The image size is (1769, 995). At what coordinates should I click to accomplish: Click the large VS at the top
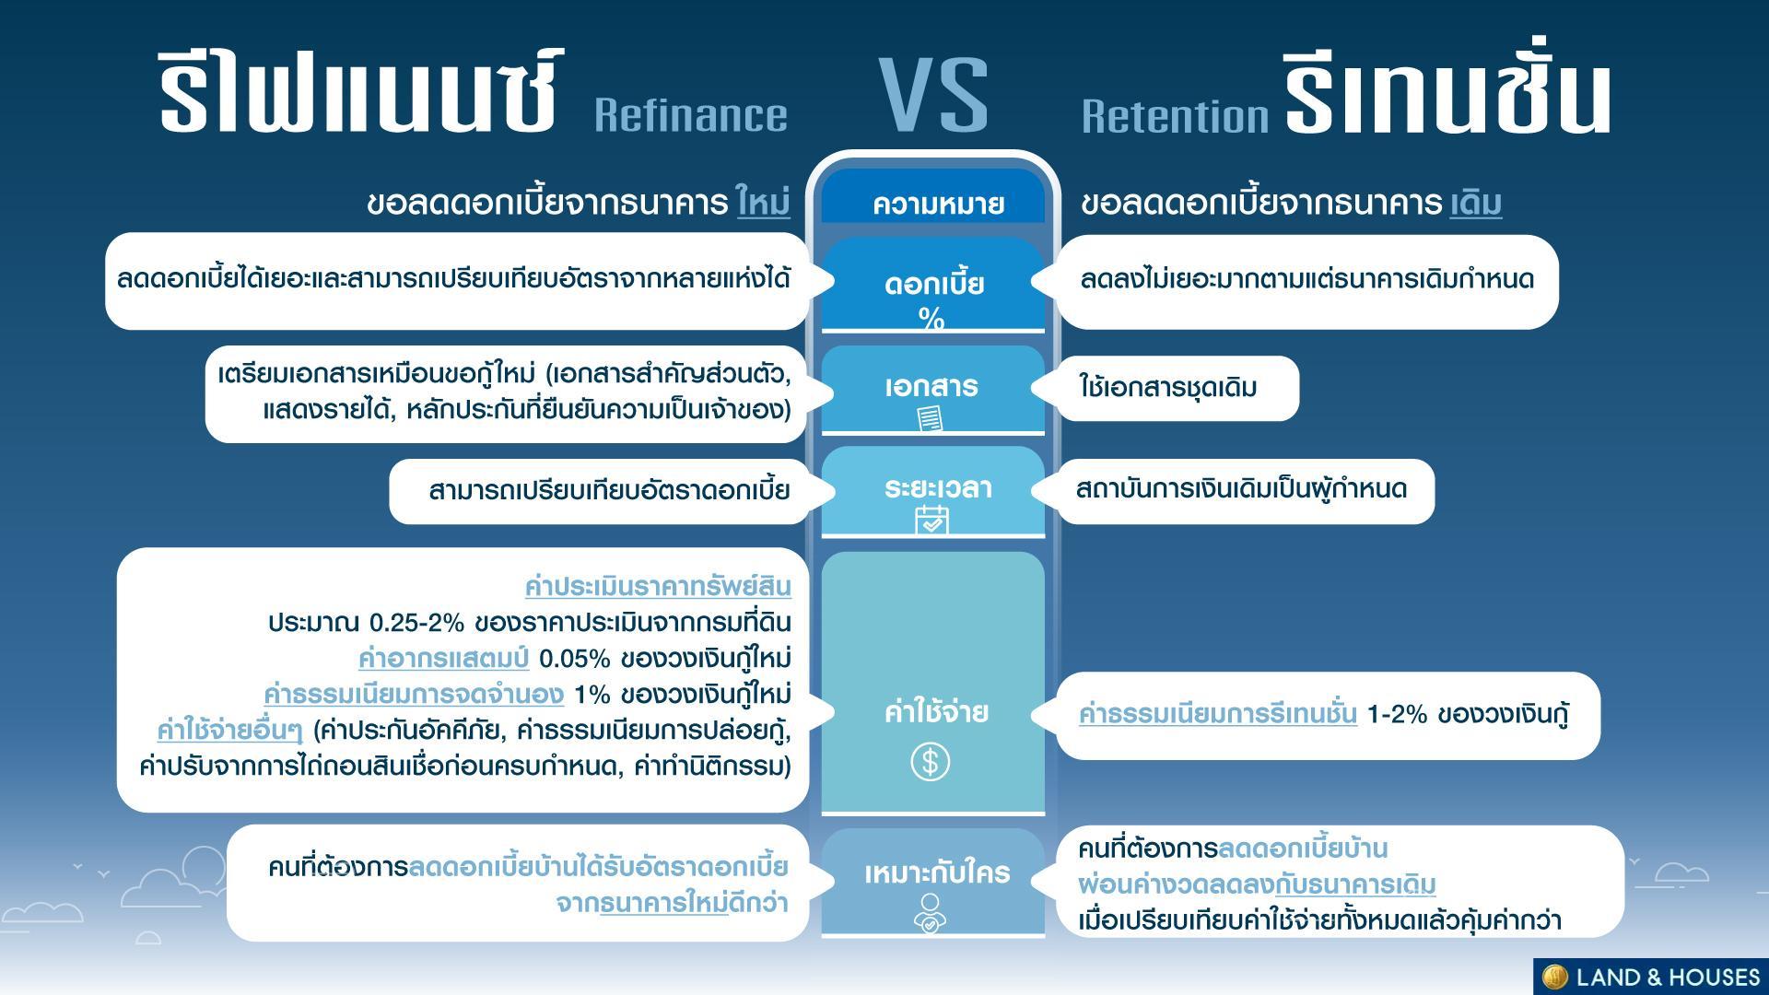point(933,96)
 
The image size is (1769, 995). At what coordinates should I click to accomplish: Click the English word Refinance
point(691,115)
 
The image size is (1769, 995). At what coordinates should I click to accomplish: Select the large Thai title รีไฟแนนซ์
point(359,92)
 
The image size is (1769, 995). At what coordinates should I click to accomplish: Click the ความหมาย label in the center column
point(938,204)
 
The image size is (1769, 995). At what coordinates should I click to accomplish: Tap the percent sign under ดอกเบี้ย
point(931,319)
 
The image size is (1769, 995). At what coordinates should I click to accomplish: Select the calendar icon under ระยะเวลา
point(931,521)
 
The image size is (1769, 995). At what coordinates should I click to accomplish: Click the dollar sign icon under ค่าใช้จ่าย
point(931,762)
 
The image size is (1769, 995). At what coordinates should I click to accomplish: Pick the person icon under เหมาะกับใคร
point(931,912)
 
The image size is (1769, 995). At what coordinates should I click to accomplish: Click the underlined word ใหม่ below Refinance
point(764,202)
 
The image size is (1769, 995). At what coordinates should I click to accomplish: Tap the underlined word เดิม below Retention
point(1476,203)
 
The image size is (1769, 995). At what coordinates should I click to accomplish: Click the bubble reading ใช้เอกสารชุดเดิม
point(1176,388)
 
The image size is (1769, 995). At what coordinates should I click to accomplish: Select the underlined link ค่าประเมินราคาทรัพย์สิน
point(658,586)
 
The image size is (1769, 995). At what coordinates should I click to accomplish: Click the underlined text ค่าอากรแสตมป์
point(443,659)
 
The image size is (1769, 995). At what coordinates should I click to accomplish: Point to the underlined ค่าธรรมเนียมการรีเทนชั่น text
point(1218,714)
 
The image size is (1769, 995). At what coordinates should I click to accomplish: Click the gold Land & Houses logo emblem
point(1554,977)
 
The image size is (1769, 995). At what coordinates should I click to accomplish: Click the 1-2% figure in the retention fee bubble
point(1397,714)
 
